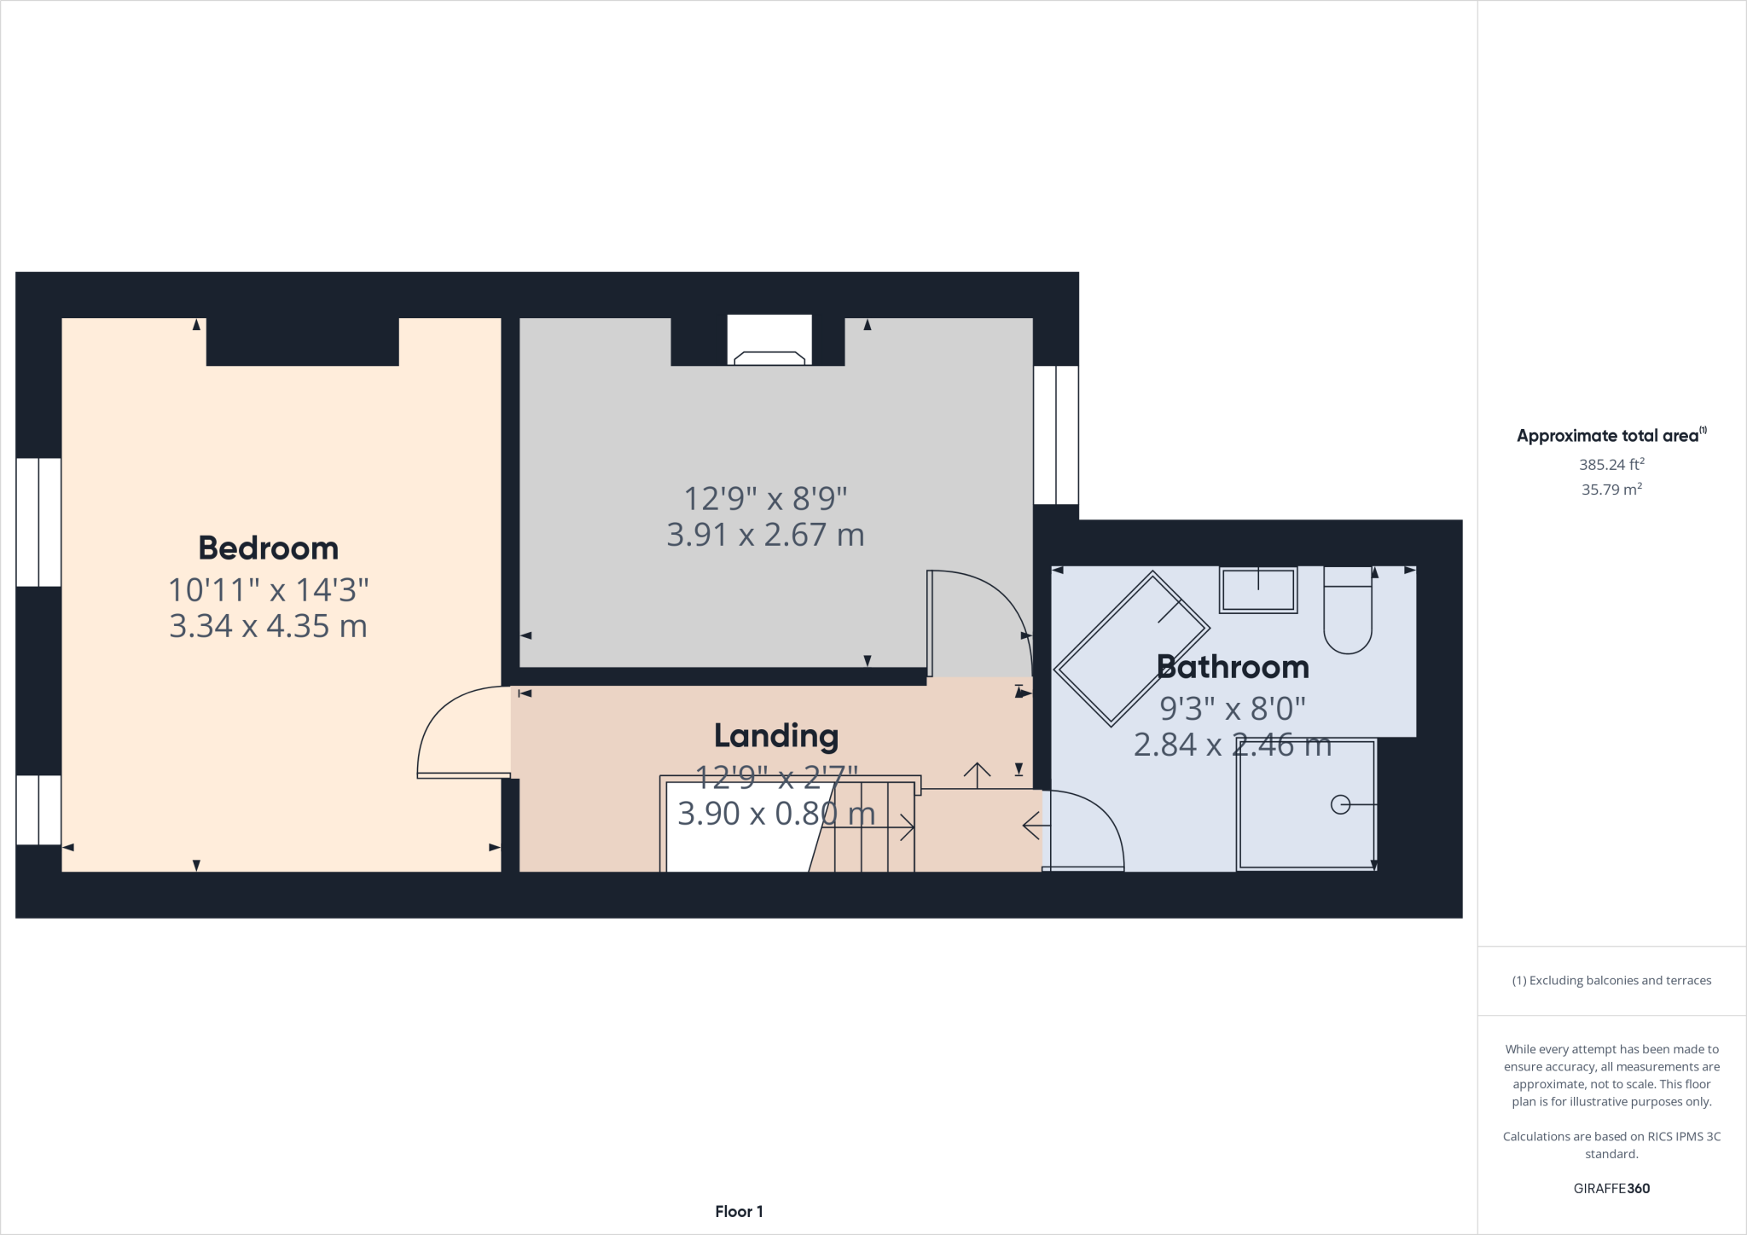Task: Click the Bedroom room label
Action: [268, 548]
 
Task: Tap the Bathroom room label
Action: [1233, 667]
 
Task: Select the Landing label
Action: [776, 735]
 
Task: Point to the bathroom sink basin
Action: [1258, 589]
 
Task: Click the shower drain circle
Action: [1340, 804]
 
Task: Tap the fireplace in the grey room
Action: [769, 357]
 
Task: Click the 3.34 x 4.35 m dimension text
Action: [268, 626]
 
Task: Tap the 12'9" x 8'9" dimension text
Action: [765, 497]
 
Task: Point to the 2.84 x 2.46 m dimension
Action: [1232, 745]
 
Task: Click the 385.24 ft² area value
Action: [1611, 465]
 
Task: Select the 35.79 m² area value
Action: [1611, 490]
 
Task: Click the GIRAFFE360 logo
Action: [1611, 1188]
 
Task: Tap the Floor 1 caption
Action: [739, 1211]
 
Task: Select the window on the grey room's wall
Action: [1056, 435]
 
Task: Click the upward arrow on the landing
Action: [977, 774]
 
